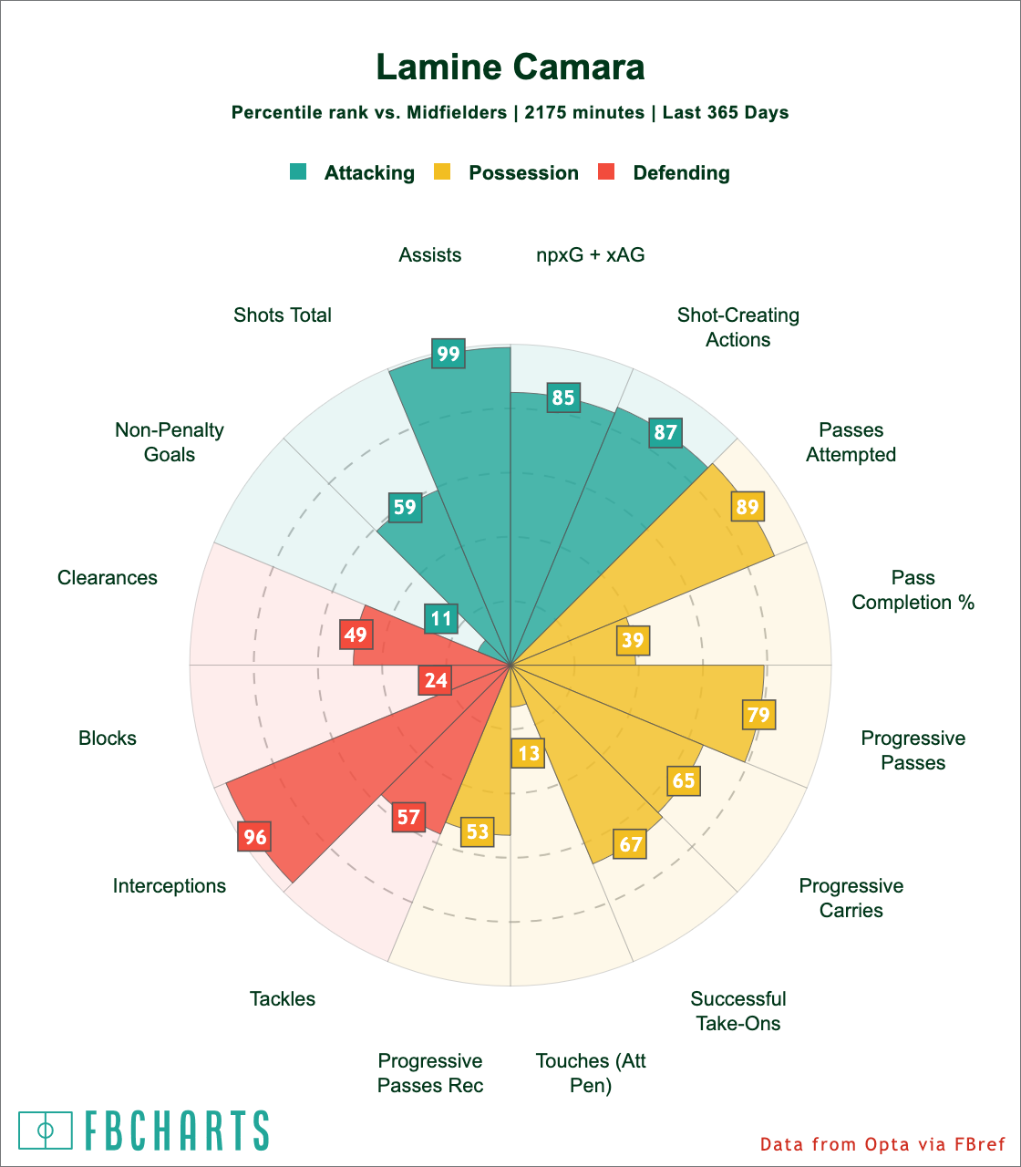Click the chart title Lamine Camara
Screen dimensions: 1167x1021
click(x=510, y=67)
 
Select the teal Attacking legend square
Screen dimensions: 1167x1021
click(x=298, y=171)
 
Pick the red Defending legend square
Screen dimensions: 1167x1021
click(x=606, y=171)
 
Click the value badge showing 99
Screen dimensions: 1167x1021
click(x=448, y=354)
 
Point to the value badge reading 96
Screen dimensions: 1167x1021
click(x=254, y=837)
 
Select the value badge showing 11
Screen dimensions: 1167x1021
click(x=441, y=618)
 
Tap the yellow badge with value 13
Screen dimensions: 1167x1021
click(x=529, y=753)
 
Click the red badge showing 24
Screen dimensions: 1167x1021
click(x=436, y=680)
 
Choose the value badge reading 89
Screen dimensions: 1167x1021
click(x=747, y=507)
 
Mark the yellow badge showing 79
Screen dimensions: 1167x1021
click(x=758, y=714)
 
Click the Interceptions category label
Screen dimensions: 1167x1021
click(x=170, y=885)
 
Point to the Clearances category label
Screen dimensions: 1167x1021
click(x=108, y=577)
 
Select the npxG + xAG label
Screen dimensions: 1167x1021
click(x=591, y=255)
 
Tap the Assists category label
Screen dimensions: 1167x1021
click(x=430, y=255)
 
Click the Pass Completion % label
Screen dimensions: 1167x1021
click(x=913, y=590)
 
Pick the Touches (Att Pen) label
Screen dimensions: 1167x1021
click(x=591, y=1073)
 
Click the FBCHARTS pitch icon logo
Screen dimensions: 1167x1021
click(x=46, y=1131)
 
